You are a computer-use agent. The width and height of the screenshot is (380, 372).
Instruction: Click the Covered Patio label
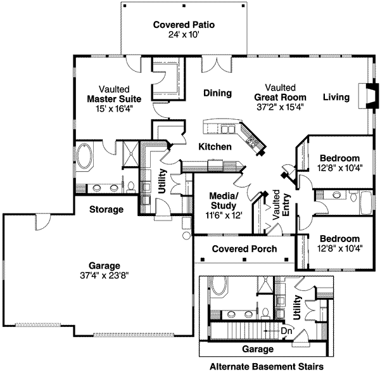click(x=184, y=25)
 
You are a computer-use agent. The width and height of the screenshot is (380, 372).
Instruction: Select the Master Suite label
click(x=114, y=99)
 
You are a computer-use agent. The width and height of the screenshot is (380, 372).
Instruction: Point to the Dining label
click(x=217, y=93)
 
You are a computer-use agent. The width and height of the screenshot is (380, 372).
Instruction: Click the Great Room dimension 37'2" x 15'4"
click(x=280, y=106)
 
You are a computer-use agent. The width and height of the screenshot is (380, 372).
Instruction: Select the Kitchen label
click(x=214, y=146)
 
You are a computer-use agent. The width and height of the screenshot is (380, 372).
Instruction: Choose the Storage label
click(x=106, y=209)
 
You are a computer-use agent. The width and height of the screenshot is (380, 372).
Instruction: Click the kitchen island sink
click(x=225, y=129)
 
